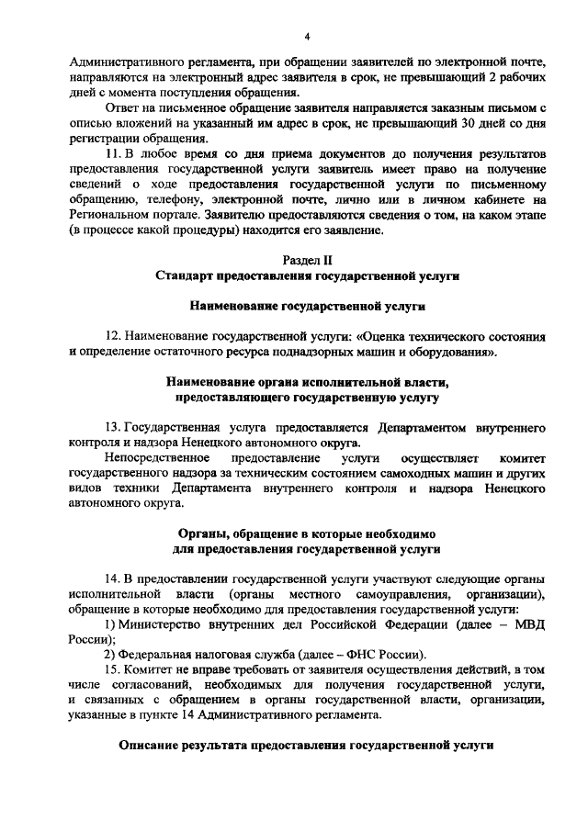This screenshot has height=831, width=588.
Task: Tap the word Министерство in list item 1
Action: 159,624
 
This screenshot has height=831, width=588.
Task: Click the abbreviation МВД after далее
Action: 526,624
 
